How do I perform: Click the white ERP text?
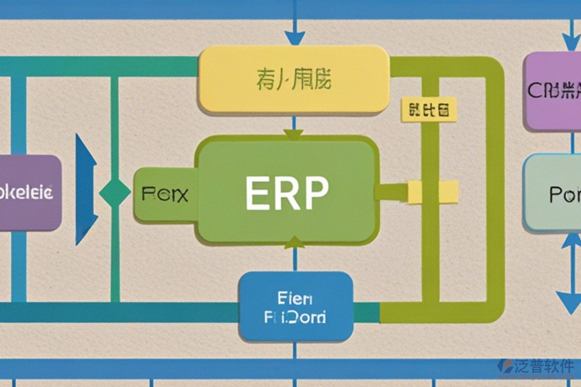[287, 192]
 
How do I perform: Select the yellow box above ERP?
[294, 80]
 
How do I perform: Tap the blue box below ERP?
[296, 306]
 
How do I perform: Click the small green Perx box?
[164, 193]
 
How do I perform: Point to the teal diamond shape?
[116, 193]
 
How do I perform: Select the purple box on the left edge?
[29, 192]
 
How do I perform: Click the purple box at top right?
[553, 90]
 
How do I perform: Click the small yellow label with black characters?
[428, 110]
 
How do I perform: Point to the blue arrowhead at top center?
[296, 37]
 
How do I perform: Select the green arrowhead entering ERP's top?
[294, 134]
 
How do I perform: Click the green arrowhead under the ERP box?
[294, 243]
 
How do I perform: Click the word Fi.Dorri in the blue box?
[295, 317]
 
